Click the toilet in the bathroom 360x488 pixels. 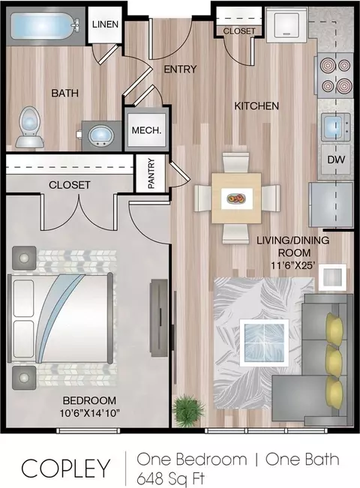30,127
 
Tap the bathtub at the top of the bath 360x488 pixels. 44,26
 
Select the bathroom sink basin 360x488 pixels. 101,136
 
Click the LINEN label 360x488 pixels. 105,24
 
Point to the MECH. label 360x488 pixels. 147,130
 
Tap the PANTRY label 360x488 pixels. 151,173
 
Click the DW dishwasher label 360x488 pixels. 336,160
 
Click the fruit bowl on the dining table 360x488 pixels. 236,199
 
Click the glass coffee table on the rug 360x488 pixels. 264,343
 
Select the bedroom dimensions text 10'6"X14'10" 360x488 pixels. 90,413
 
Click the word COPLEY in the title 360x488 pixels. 66,469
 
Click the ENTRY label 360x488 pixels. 180,69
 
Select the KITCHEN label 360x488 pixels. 256,106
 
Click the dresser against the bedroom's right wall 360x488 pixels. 159,317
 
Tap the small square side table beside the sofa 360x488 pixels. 332,277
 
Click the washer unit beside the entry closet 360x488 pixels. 286,25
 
